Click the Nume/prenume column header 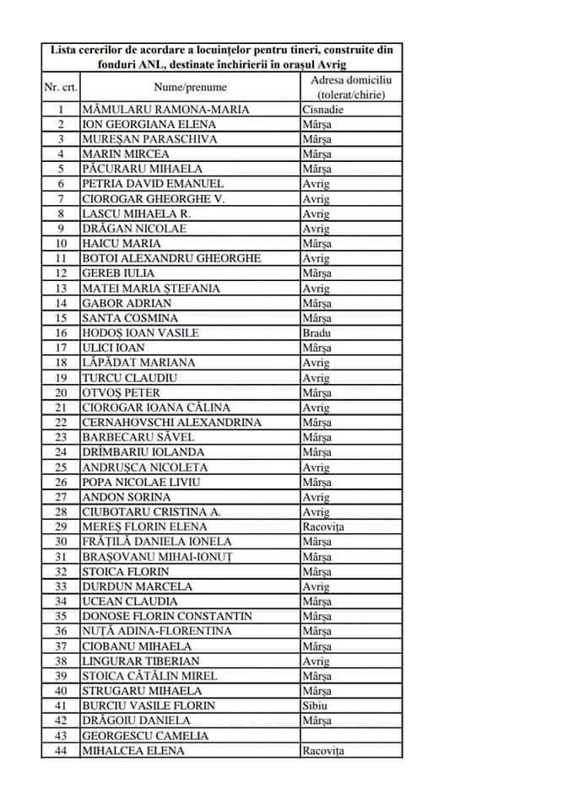(x=190, y=87)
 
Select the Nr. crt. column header (x=61, y=87)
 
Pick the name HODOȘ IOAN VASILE (x=140, y=332)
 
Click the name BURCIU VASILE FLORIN (x=148, y=705)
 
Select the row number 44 (x=61, y=750)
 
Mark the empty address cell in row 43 (x=350, y=735)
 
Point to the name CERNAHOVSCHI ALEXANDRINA (x=171, y=422)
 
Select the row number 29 (x=61, y=526)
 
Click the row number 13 (x=61, y=289)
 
